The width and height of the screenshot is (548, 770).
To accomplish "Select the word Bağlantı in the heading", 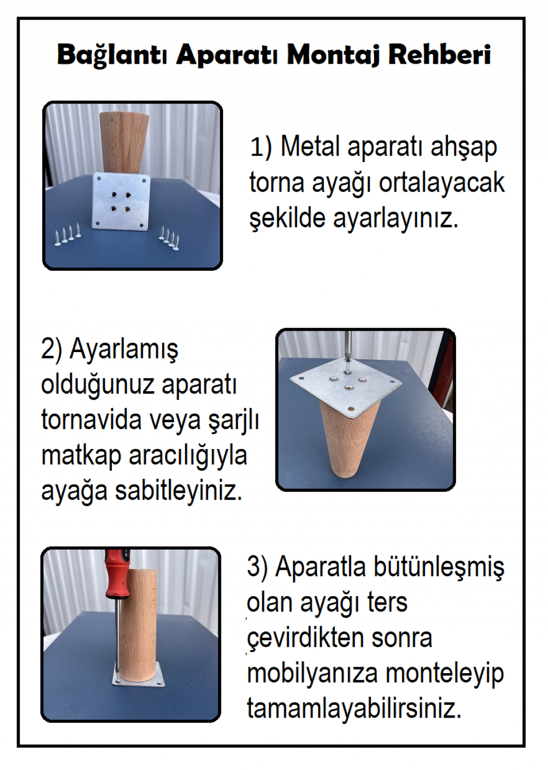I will pos(112,55).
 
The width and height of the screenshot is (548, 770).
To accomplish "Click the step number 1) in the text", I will pos(261,147).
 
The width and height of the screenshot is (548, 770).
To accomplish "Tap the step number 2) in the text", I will pos(52,349).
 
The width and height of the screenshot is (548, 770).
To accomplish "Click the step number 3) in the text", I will pos(257,567).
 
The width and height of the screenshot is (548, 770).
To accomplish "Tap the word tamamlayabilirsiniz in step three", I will pos(354,709).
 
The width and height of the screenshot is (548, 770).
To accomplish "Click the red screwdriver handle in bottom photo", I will pos(116,574).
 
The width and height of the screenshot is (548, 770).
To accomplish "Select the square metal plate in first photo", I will pos(121,201).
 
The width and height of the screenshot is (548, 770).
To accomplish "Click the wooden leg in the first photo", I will pos(124,142).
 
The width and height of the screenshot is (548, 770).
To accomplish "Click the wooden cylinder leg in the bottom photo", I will pos(138,623).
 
